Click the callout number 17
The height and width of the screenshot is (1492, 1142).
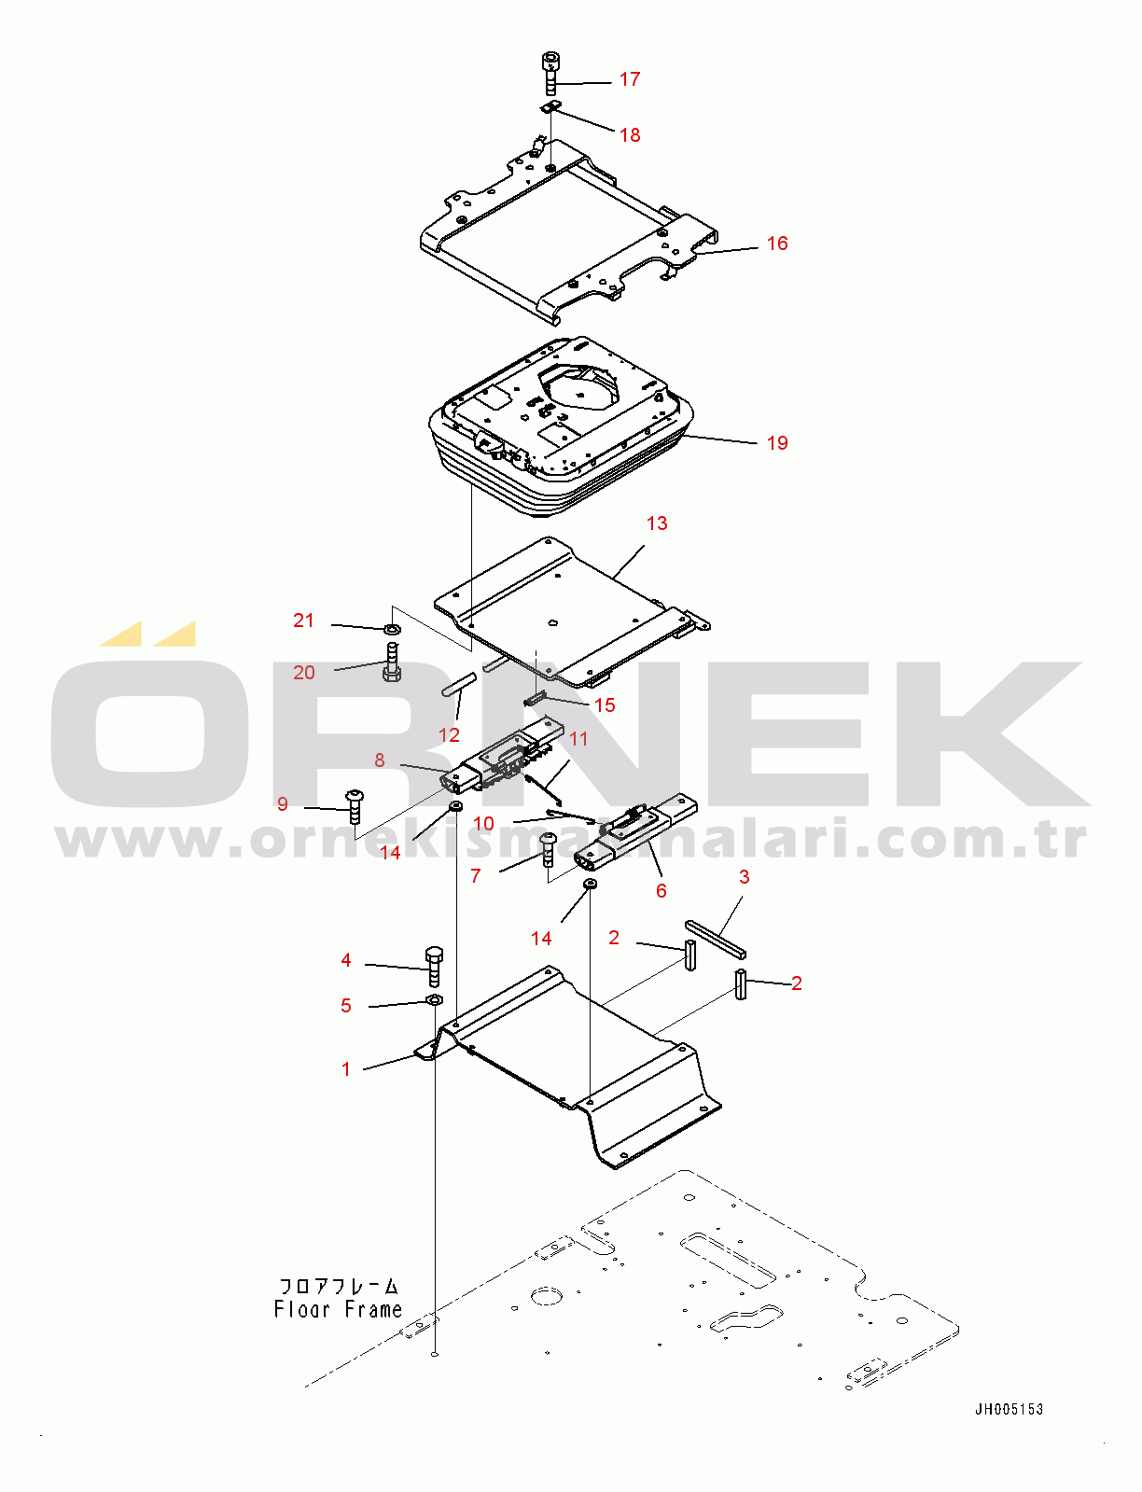coord(630,79)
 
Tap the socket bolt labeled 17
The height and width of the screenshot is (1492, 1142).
coord(550,73)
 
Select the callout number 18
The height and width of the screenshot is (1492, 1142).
coord(630,135)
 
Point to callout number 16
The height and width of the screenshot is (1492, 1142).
coord(777,243)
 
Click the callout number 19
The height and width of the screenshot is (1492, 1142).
coord(777,443)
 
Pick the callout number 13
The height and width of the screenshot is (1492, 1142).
coord(657,523)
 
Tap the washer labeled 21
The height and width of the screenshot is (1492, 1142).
coord(393,629)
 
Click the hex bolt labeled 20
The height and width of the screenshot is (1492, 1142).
coord(392,662)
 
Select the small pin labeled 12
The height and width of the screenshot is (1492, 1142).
coord(458,686)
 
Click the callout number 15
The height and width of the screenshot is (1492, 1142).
coord(605,705)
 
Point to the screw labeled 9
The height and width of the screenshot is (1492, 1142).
coord(355,806)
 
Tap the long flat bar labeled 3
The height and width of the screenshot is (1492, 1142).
coord(715,940)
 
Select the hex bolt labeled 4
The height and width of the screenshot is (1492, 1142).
coord(434,968)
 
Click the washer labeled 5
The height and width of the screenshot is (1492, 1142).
coord(435,999)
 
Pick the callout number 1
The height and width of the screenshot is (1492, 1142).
coord(346,1069)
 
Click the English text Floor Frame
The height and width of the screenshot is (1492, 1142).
coord(338,1309)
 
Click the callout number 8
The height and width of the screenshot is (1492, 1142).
coord(380,760)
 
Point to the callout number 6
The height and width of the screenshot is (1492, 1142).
coord(661,890)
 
